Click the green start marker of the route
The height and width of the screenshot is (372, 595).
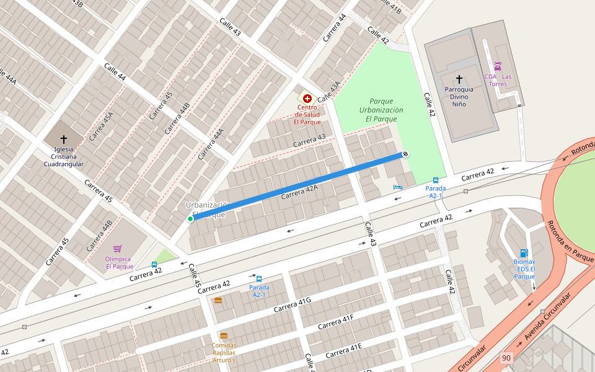[190, 218]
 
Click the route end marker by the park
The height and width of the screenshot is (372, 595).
[405, 154]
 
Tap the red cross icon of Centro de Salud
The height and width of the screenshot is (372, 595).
[307, 98]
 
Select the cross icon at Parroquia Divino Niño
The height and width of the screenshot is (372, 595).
[459, 79]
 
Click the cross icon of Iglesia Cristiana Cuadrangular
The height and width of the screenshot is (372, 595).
[63, 139]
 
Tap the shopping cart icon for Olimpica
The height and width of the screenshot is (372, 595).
[118, 249]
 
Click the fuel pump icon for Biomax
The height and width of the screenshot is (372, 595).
[524, 252]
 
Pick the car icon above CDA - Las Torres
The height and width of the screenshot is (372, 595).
[497, 66]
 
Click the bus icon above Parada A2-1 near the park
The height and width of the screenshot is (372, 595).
[435, 180]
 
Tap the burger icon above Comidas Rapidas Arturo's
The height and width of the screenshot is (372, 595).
[224, 335]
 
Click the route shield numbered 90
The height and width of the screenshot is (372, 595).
[506, 358]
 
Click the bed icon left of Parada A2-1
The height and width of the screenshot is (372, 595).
[397, 187]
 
